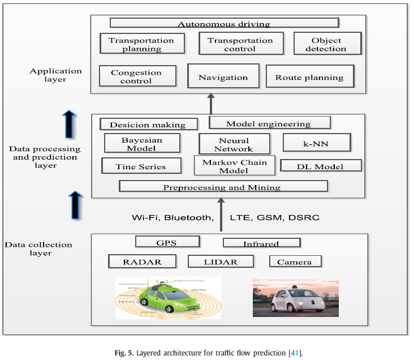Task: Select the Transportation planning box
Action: [141, 44]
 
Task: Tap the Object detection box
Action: [327, 44]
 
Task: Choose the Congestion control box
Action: [136, 76]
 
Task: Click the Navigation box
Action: [223, 77]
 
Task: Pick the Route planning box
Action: [309, 77]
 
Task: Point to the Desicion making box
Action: [149, 124]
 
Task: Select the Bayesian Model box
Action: [142, 144]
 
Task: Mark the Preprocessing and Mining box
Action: [223, 186]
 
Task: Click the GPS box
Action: [167, 242]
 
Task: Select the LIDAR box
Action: [221, 261]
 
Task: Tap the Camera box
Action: [294, 261]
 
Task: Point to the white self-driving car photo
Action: [295, 298]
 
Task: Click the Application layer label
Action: [56, 75]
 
